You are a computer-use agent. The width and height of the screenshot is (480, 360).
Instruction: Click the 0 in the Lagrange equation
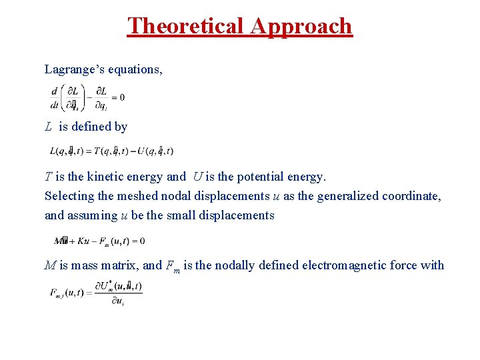122,97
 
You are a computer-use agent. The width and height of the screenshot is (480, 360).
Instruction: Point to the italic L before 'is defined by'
49,126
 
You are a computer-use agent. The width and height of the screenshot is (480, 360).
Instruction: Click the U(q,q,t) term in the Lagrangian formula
159,151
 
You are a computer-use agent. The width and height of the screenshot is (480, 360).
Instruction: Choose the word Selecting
69,196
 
